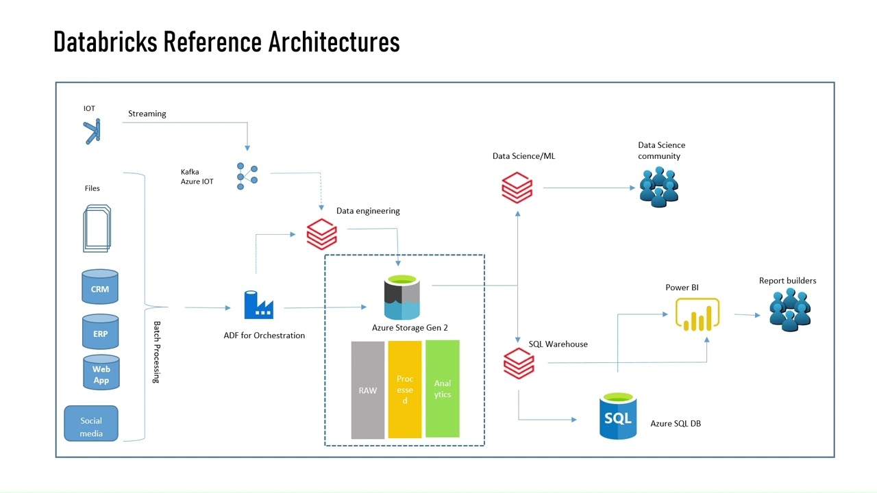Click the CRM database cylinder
click(x=100, y=287)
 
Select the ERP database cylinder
click(x=100, y=332)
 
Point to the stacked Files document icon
click(x=97, y=228)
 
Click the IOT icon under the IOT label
click(x=92, y=131)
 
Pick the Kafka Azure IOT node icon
click(x=247, y=176)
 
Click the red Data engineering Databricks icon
click(x=321, y=234)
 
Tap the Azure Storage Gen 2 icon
click(x=402, y=298)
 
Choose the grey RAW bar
click(x=368, y=390)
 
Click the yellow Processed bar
click(x=405, y=389)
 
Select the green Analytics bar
click(x=443, y=388)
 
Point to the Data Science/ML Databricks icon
click(x=517, y=187)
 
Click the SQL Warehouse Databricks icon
click(x=519, y=363)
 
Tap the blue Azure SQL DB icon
click(x=618, y=416)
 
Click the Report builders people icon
click(x=790, y=309)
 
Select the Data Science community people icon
click(x=659, y=186)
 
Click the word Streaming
click(x=147, y=114)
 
